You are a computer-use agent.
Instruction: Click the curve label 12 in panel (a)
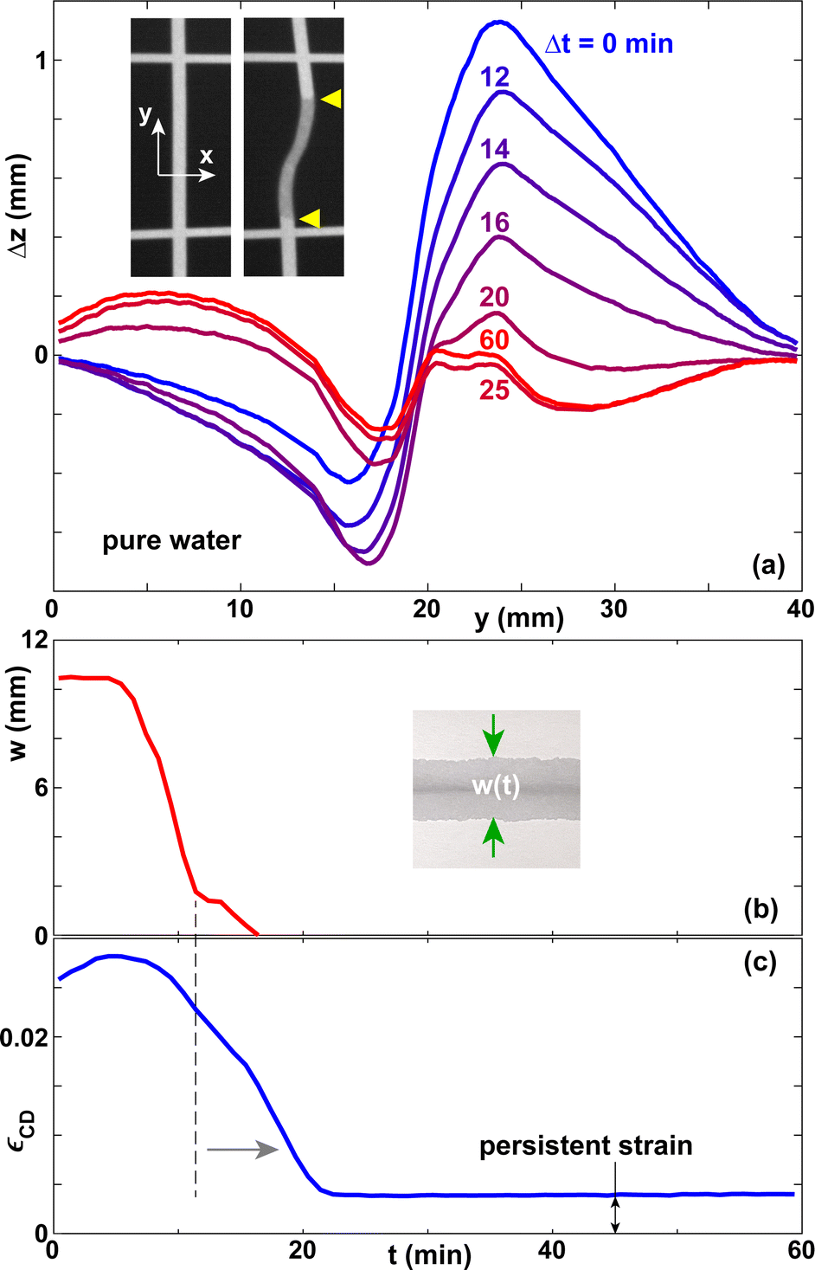click(495, 78)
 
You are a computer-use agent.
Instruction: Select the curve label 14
click(495, 149)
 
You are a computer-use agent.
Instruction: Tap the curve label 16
click(495, 222)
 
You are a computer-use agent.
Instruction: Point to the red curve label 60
click(494, 340)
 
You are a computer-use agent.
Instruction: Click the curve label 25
click(494, 390)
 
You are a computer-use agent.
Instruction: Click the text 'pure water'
click(171, 541)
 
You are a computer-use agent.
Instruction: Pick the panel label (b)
click(760, 909)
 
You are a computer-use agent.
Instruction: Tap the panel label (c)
click(760, 963)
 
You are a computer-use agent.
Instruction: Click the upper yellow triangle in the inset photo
click(330, 100)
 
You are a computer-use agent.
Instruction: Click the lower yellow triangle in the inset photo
click(310, 218)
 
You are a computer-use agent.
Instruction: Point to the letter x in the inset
click(206, 157)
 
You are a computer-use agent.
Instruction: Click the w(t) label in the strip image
click(496, 786)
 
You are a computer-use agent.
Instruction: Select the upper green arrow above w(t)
click(493, 734)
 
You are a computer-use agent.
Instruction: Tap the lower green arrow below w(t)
click(493, 837)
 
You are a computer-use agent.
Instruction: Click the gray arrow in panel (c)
click(242, 1149)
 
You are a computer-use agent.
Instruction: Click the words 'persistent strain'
click(586, 1146)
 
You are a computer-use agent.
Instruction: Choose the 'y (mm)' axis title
click(519, 618)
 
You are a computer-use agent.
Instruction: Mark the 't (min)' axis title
click(429, 1254)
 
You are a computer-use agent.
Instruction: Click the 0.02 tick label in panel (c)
click(22, 1036)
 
